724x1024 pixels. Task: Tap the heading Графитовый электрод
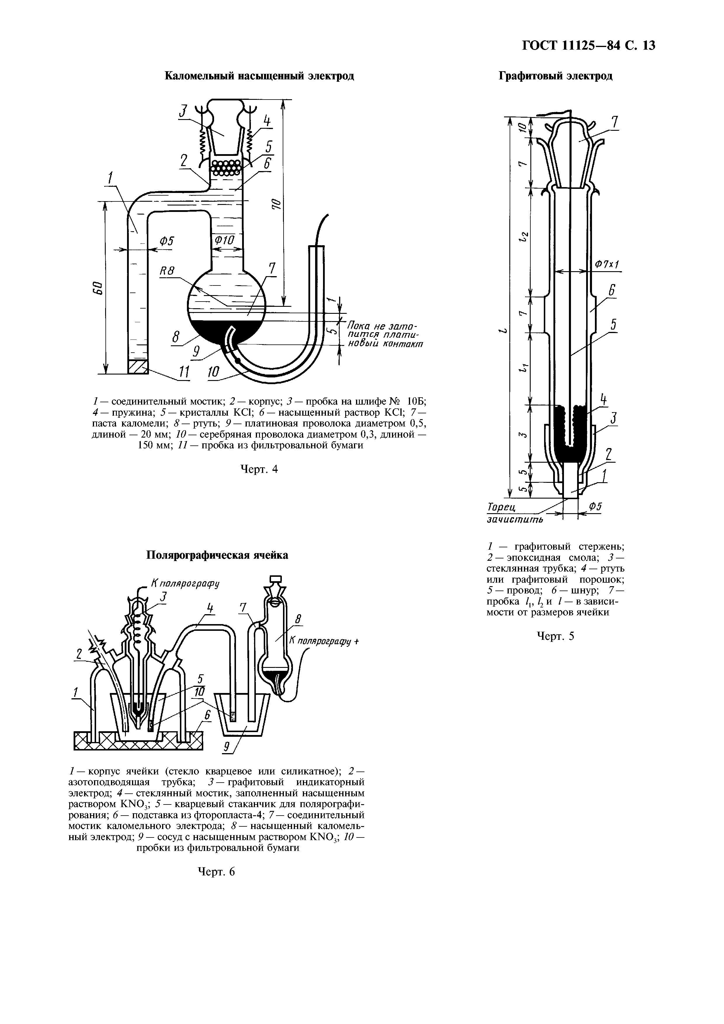(x=555, y=76)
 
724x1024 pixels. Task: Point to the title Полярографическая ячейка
(x=217, y=555)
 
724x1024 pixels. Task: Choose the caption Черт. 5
(x=555, y=636)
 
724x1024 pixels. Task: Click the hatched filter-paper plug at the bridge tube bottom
(x=137, y=367)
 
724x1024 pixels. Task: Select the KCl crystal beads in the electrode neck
(x=226, y=167)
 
